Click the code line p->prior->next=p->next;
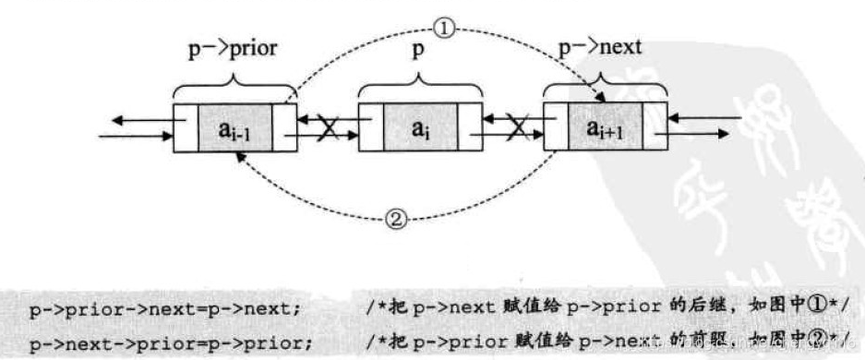[x=164, y=308]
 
